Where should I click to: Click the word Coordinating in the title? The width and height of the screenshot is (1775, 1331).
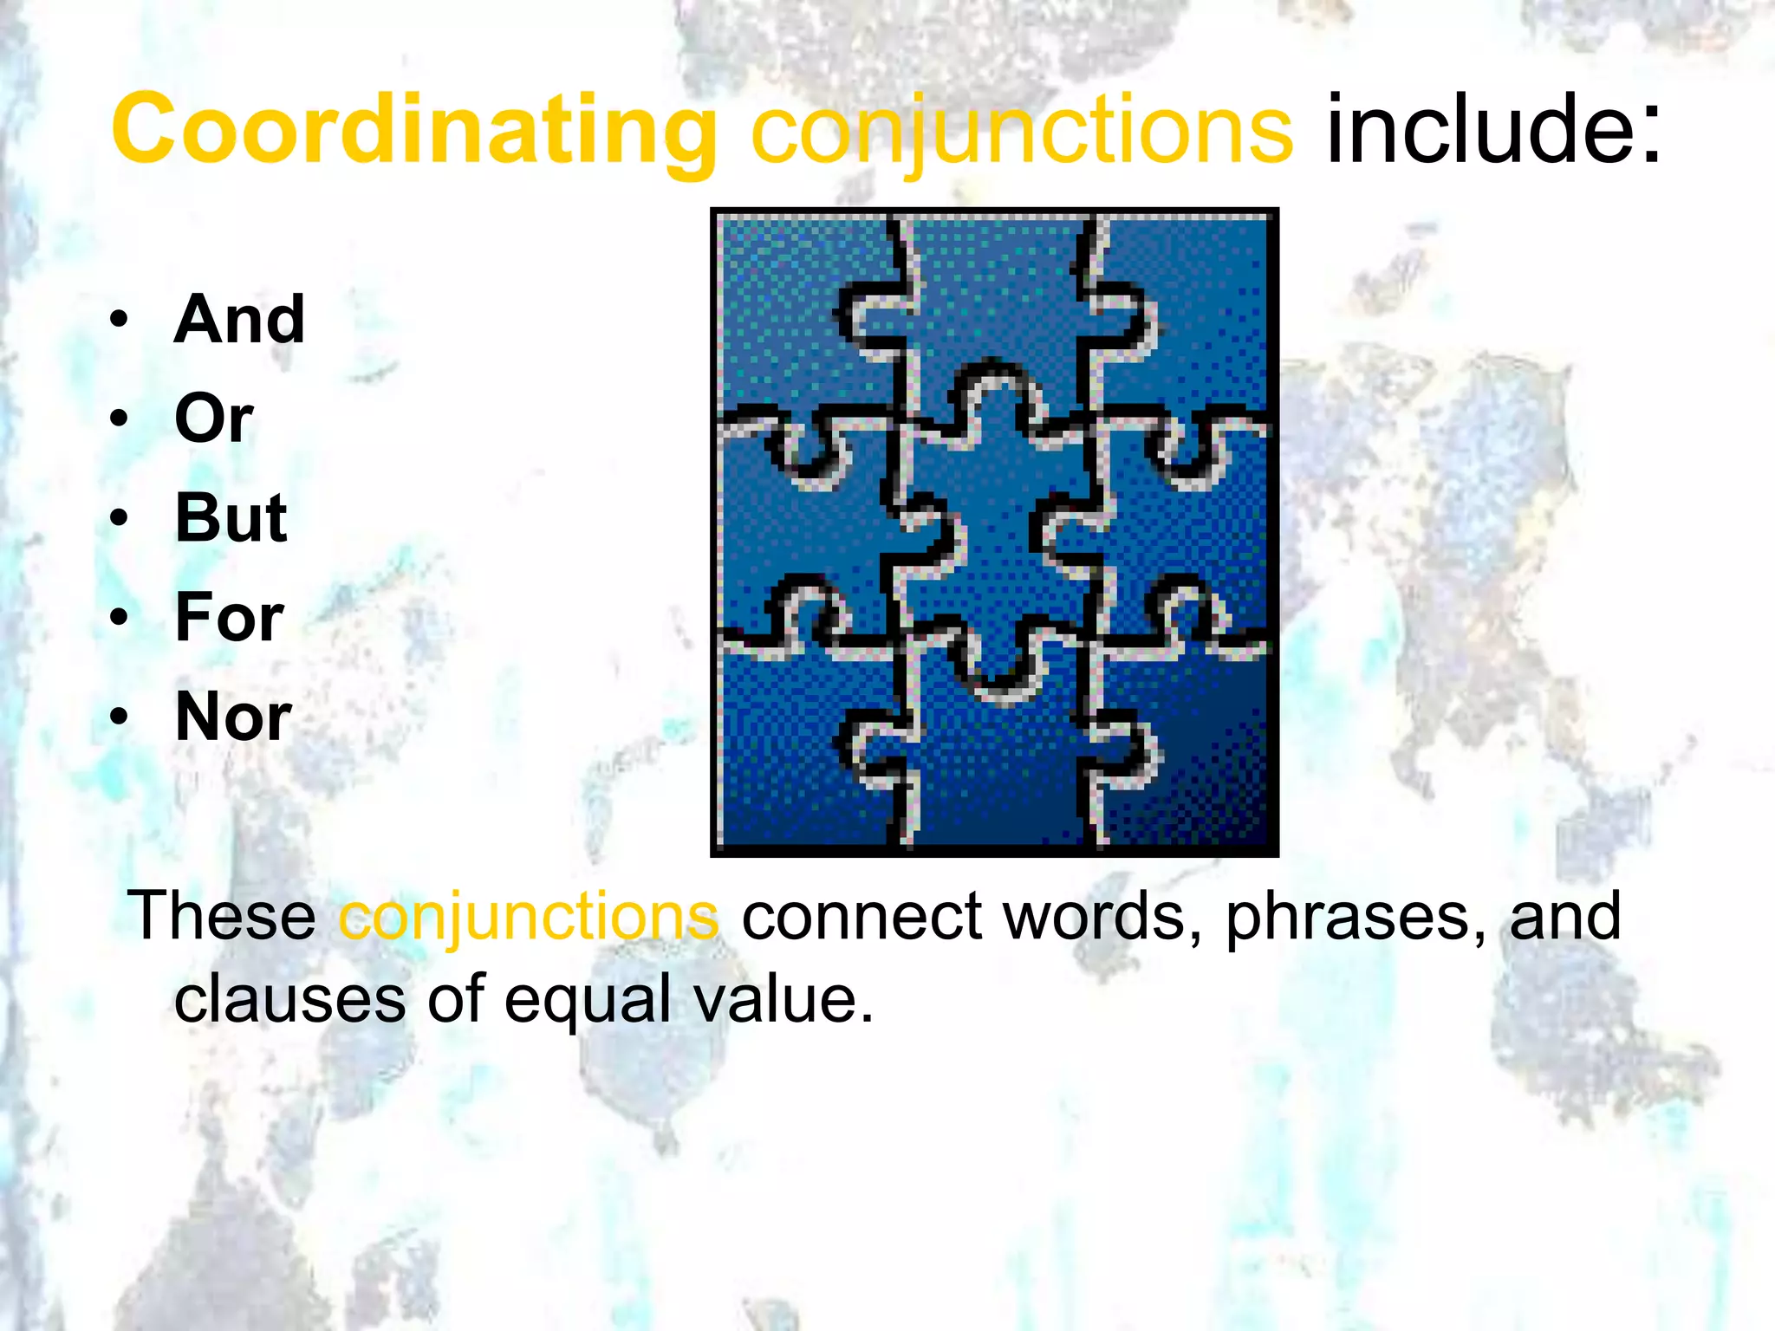point(414,130)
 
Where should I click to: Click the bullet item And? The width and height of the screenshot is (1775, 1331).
point(239,319)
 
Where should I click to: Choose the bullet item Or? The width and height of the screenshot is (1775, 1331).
point(213,419)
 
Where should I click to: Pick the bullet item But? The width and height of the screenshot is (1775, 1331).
point(231,518)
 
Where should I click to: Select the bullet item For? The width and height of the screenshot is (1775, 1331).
point(229,618)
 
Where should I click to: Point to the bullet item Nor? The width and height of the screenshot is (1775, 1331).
point(233,717)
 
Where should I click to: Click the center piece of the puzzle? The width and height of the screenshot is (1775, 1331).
point(995,529)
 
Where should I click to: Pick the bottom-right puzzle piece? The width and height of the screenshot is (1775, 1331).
point(1187,763)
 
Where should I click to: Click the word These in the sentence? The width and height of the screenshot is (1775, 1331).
point(223,916)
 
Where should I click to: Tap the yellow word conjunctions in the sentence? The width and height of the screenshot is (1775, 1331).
point(528,918)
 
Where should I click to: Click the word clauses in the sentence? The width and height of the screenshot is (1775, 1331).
point(289,999)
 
